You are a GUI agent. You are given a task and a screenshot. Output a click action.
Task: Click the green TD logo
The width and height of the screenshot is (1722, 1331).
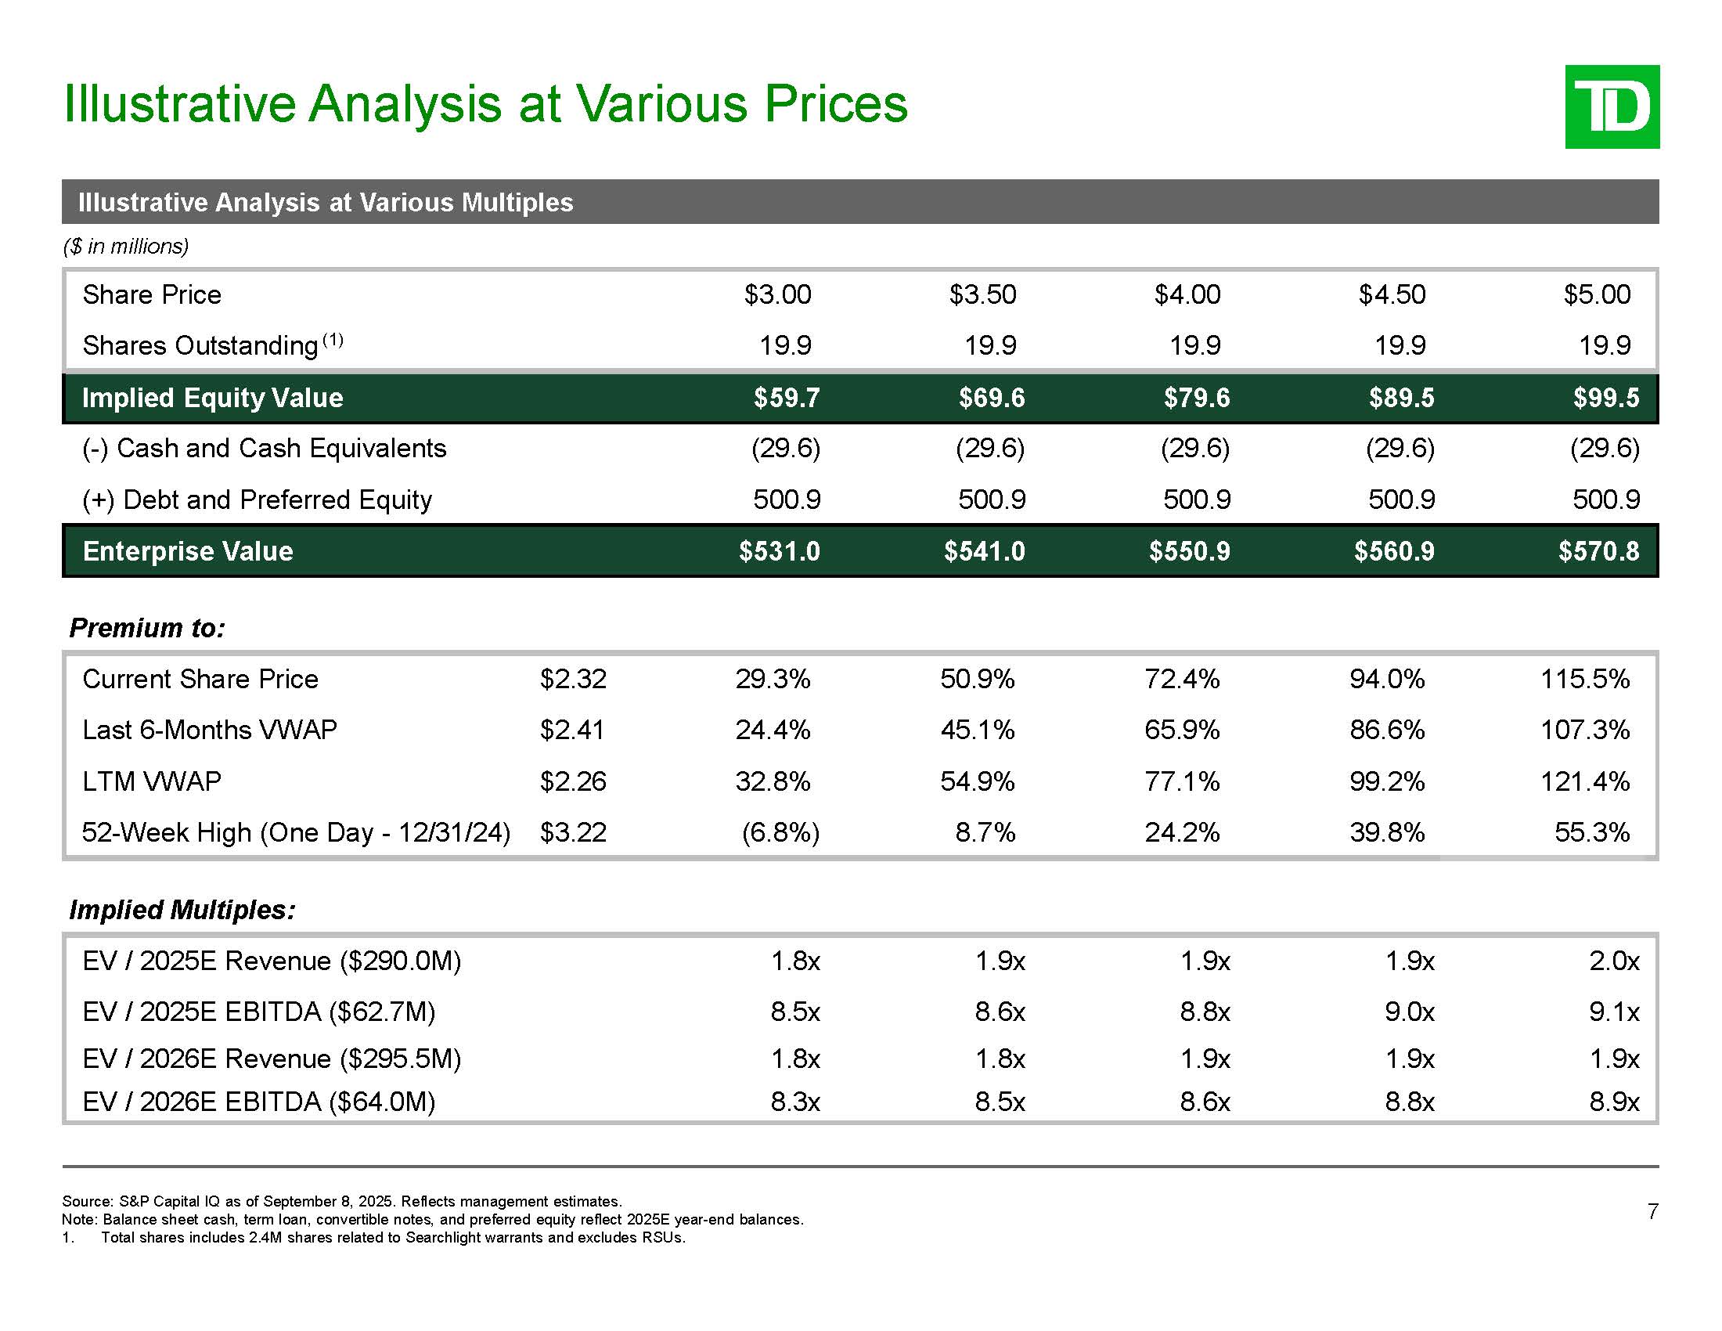(1612, 106)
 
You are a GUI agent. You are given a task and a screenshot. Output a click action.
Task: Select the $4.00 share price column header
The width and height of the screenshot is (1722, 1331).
(1187, 295)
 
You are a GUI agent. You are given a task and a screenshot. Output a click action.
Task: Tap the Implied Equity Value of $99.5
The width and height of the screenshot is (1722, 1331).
(1606, 399)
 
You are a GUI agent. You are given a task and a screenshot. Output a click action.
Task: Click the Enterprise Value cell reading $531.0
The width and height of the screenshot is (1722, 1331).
(779, 551)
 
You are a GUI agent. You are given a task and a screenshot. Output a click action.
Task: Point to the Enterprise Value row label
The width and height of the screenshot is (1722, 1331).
(188, 551)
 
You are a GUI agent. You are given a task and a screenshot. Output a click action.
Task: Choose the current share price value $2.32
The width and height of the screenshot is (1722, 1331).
(573, 679)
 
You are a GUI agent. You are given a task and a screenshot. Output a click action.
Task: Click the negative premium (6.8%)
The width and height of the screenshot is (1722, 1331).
(780, 833)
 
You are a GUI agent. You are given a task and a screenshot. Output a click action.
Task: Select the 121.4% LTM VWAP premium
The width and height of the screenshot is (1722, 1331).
(1585, 781)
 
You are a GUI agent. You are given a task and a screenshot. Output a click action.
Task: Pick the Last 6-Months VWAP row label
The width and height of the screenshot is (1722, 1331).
(210, 730)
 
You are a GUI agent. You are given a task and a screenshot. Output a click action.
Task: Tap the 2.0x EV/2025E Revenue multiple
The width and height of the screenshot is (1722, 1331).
(1614, 961)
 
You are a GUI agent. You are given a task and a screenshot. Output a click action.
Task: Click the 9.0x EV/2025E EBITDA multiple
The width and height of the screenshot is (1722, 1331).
(1410, 1012)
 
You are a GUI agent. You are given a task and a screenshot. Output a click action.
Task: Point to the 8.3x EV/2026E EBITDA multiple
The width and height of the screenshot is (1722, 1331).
(795, 1102)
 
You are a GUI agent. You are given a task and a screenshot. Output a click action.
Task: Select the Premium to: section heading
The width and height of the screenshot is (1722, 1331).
(147, 628)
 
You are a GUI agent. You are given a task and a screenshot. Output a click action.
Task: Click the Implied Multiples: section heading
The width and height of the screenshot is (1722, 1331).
(182, 910)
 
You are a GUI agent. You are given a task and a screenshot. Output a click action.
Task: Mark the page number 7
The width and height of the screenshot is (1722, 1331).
(1652, 1211)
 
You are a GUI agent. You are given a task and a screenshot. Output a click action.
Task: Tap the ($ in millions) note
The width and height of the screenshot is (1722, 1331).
(125, 247)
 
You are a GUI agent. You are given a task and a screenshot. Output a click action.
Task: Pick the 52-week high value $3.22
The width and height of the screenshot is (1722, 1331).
(573, 833)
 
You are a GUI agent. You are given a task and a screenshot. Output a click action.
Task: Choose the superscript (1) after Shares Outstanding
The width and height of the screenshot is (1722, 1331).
(333, 340)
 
